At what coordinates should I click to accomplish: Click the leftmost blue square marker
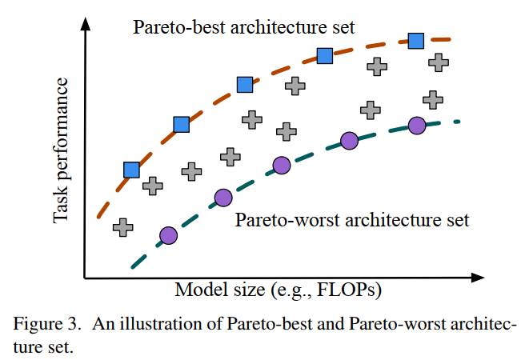[132, 170]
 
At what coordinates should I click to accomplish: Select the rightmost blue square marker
[416, 41]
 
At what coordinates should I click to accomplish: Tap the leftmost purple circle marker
[168, 235]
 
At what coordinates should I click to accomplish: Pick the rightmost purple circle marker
[416, 125]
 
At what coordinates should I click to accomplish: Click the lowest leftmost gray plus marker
[122, 227]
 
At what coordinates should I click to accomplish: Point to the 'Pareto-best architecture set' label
[243, 28]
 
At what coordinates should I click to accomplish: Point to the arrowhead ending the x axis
[478, 278]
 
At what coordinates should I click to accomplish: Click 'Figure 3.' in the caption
[46, 325]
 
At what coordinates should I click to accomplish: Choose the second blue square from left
[182, 124]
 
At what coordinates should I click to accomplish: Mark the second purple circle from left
[223, 197]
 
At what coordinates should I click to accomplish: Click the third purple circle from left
[281, 166]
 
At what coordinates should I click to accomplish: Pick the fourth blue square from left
[324, 56]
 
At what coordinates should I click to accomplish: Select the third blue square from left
[246, 85]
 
